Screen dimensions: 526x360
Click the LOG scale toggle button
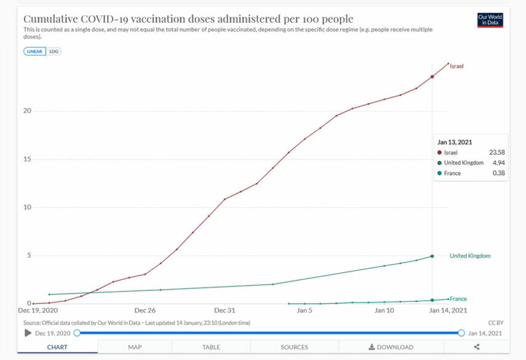tap(54, 51)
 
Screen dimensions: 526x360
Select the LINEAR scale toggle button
tap(34, 51)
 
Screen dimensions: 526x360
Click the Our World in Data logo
tap(490, 20)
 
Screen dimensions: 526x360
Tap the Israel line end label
tap(456, 66)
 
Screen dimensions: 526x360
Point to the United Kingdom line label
tap(470, 256)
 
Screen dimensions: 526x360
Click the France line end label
tap(458, 299)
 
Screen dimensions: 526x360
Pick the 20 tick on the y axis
tap(27, 111)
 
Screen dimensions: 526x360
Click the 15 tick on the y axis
tap(27, 159)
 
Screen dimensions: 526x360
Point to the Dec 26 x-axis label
tap(145, 310)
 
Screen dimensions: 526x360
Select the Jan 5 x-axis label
tap(304, 310)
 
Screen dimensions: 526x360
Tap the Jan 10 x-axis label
tap(384, 310)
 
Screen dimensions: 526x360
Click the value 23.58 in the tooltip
tap(497, 152)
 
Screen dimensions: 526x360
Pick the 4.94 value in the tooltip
tap(498, 163)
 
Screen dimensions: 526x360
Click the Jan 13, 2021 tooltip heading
tap(455, 142)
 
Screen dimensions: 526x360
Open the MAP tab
tap(135, 347)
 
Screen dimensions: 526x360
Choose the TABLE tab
tap(211, 347)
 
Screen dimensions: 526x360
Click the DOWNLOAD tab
tap(391, 347)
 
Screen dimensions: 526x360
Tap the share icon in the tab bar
tap(477, 347)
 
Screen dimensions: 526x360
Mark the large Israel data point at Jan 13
tap(432, 77)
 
